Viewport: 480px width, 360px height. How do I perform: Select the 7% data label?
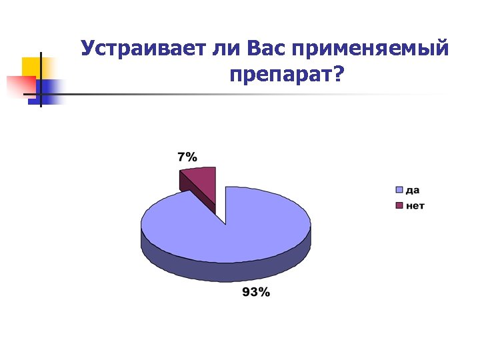[187, 158]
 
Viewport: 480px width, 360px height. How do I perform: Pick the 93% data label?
[255, 292]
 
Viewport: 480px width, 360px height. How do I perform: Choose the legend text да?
[413, 190]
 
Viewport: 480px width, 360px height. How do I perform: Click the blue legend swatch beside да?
[400, 190]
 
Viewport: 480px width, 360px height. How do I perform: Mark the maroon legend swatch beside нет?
[400, 205]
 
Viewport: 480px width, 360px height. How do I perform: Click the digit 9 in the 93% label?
[246, 292]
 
